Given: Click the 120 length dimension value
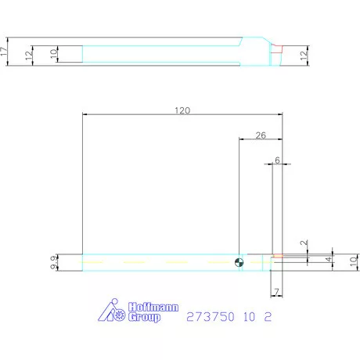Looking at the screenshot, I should tap(182, 110).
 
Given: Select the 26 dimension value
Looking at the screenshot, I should tap(261, 135).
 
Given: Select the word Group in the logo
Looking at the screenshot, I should tap(144, 317).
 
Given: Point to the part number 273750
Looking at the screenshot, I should tap(207, 317).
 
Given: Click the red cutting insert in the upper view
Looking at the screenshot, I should tap(276, 48).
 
